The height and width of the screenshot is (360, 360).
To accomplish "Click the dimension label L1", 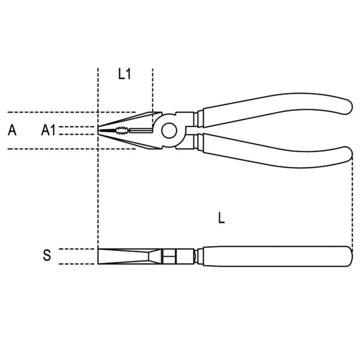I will [124, 74].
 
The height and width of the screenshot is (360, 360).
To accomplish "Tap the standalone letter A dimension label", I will [12, 130].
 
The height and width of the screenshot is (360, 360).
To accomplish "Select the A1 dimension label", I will [48, 130].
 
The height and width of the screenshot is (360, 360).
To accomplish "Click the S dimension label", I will [47, 256].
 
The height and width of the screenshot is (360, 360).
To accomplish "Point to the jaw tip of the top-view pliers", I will [100, 130].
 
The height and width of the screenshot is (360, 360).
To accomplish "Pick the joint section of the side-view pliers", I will [174, 256].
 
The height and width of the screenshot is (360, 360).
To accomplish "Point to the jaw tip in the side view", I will [99, 256].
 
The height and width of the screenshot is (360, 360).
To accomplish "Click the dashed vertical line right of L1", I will [152, 90].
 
